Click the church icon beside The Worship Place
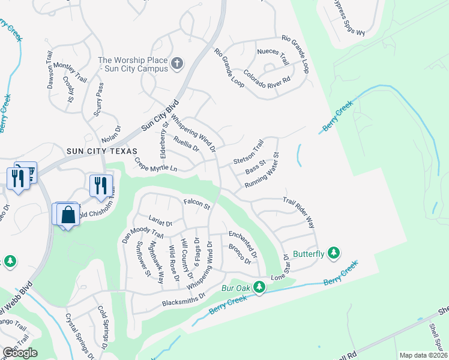click(x=177, y=63)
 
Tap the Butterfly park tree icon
click(x=334, y=254)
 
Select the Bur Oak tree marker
click(x=259, y=287)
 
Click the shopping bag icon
click(x=68, y=215)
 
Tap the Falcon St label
click(x=196, y=205)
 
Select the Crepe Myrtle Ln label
click(x=156, y=165)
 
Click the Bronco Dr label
click(x=239, y=254)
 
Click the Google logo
click(x=20, y=353)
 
